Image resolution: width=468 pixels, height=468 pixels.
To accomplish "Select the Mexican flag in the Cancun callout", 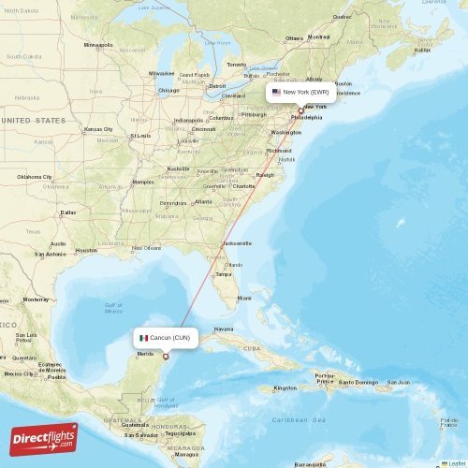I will point(144,338).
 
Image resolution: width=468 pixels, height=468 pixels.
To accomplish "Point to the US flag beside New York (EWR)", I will point(276,93).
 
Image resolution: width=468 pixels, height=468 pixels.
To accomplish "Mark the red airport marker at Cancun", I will point(166,356).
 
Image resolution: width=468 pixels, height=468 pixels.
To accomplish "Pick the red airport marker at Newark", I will point(300,111).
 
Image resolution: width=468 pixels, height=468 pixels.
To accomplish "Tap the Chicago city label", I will point(168,91).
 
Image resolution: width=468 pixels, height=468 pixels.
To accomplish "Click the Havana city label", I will point(224,329).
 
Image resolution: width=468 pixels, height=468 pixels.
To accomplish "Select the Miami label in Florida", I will point(243,299).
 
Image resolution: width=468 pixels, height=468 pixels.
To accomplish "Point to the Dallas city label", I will point(67,212).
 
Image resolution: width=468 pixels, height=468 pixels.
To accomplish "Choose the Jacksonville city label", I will point(237,243).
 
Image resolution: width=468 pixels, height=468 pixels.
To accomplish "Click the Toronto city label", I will point(237,65).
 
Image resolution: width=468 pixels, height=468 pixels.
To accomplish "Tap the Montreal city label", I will point(319,37).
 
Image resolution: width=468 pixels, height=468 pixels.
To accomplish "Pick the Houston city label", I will point(86,250).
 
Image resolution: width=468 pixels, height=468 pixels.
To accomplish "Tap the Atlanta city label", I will point(203,201).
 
